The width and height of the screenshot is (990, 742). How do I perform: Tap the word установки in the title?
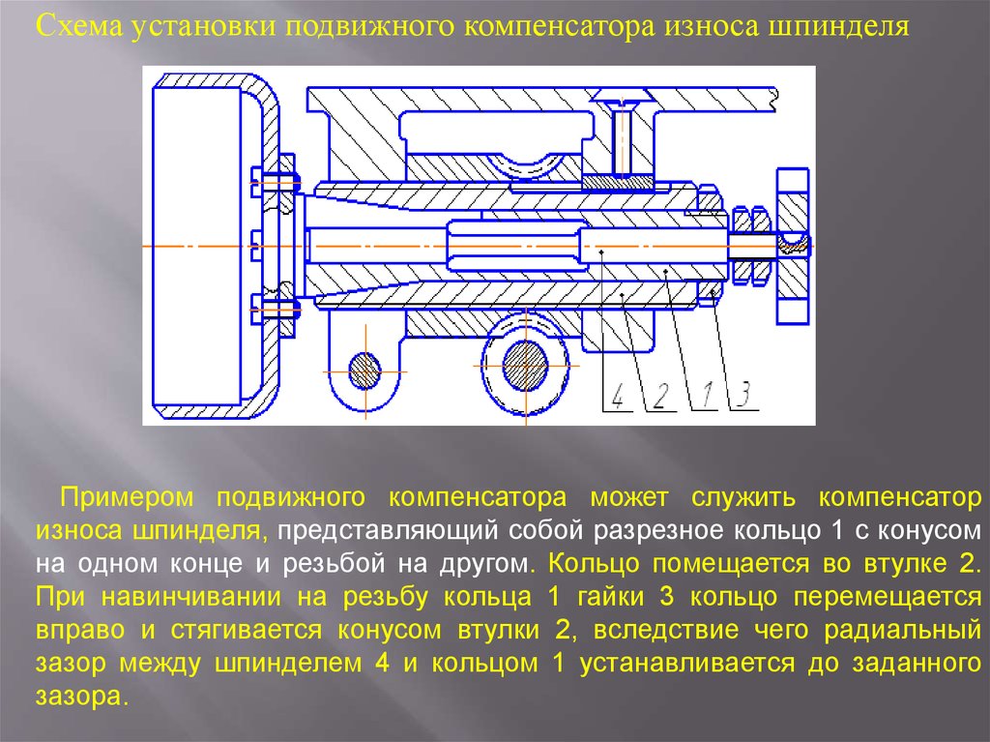point(203,26)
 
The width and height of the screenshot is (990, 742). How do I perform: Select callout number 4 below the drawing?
point(618,396)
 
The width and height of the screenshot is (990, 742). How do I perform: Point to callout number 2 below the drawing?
point(660,396)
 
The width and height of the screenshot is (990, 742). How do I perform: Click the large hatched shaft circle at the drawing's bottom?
point(525,366)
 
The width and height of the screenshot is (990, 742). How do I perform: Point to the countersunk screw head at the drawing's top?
point(623,99)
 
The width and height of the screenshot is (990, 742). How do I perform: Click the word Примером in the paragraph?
point(127,497)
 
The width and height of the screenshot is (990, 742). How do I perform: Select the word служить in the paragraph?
point(743,498)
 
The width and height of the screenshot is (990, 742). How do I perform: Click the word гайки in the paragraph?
point(609,597)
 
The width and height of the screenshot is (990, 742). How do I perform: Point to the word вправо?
point(80,631)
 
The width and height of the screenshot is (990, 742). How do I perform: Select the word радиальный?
point(903,631)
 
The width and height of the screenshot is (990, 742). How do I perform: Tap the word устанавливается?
point(687,664)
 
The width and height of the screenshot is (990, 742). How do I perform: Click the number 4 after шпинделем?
point(382,664)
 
